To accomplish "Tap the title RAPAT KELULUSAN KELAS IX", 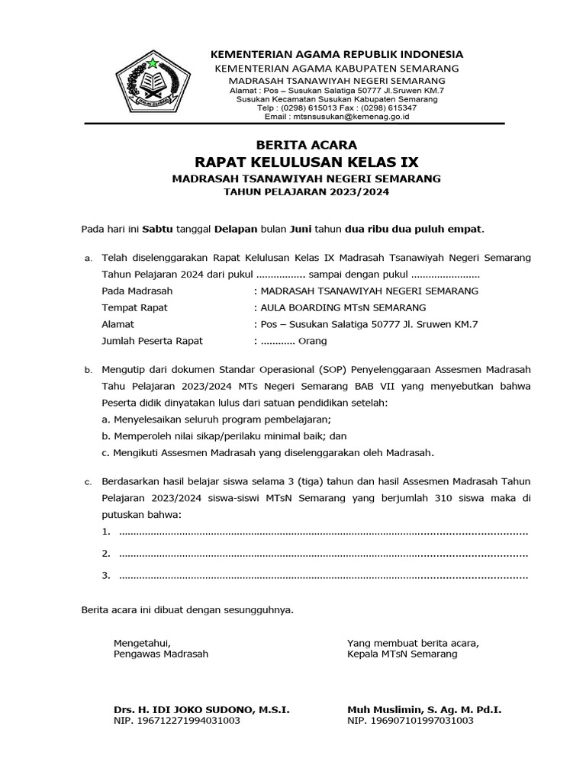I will pos(307,162).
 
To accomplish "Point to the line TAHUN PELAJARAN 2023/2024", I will pos(306,192).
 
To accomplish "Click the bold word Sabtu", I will pos(158,228).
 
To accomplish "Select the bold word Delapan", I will pos(237,228).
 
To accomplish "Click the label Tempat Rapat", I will pos(134,307).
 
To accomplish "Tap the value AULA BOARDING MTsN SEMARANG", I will pos(343,307).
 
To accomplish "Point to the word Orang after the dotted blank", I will pos(312,341).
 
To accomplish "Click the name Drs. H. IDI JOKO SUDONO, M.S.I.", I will pos(201,709).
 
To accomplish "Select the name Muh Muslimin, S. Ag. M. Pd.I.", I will pos(424,709).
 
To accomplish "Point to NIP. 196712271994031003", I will pos(177,720).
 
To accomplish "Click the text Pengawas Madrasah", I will pos(160,654).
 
